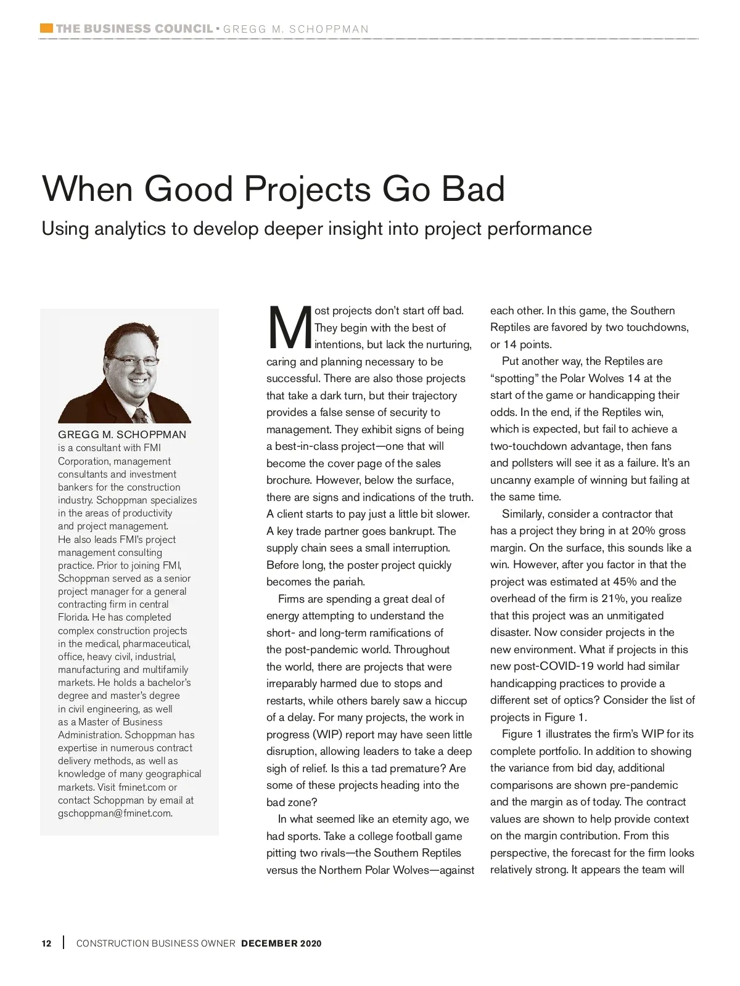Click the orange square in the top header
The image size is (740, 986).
point(46,28)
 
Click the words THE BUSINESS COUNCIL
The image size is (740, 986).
point(134,28)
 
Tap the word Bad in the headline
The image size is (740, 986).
point(474,189)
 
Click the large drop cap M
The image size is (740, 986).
point(289,327)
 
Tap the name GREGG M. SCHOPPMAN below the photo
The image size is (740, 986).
point(122,434)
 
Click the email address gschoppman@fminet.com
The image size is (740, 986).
point(115,813)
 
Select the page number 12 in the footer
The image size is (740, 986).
point(46,943)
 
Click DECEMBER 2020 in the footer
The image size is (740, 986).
point(281,943)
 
